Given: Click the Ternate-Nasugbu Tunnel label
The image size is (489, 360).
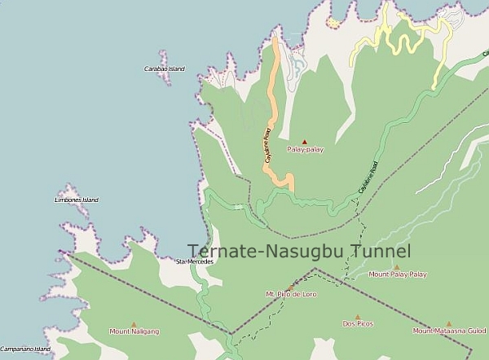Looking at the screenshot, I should [299, 252].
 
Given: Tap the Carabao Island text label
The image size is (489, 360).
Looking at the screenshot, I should [164, 68].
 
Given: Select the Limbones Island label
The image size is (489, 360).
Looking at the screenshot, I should [76, 200].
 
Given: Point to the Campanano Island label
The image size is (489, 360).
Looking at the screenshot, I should [25, 349].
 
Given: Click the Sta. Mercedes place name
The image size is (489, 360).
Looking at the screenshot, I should [195, 261].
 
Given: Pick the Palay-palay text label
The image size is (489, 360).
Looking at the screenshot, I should [306, 150].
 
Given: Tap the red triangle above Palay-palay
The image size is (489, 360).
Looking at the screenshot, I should [306, 141].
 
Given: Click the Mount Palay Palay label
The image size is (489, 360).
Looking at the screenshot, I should [398, 274].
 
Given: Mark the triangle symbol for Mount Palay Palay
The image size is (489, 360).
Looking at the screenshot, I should [397, 266].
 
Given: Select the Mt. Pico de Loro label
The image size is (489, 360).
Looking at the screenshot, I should [291, 293].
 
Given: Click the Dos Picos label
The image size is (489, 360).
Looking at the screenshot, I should [358, 323].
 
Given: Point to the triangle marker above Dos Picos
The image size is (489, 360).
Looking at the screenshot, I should [358, 314].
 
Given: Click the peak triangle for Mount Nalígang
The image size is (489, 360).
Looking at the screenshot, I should [133, 323].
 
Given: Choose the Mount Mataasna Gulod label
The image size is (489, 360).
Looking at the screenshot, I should [449, 331].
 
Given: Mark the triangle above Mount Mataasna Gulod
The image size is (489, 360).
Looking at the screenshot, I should [448, 323].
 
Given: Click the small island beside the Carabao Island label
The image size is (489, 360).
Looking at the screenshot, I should [164, 59].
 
